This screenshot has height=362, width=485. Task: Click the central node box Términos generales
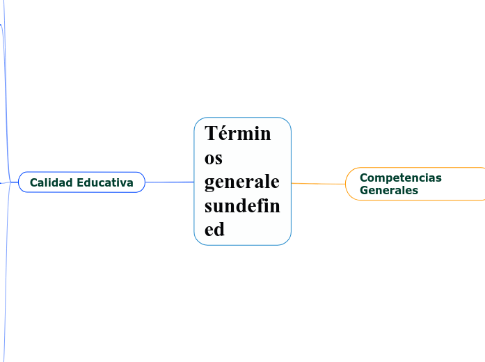[242, 181]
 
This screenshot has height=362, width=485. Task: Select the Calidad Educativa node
[81, 182]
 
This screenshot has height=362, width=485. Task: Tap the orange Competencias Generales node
[415, 184]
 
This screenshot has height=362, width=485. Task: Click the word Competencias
[400, 178]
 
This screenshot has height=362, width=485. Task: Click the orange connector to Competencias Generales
[318, 184]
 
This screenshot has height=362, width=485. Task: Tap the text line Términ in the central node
[238, 133]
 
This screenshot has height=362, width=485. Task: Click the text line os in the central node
[214, 157]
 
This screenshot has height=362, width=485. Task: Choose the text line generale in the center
[242, 182]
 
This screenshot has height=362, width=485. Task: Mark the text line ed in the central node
[215, 230]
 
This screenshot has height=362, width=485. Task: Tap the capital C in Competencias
[364, 178]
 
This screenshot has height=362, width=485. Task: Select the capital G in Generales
[364, 190]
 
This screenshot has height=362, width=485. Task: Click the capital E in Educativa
[81, 182]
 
